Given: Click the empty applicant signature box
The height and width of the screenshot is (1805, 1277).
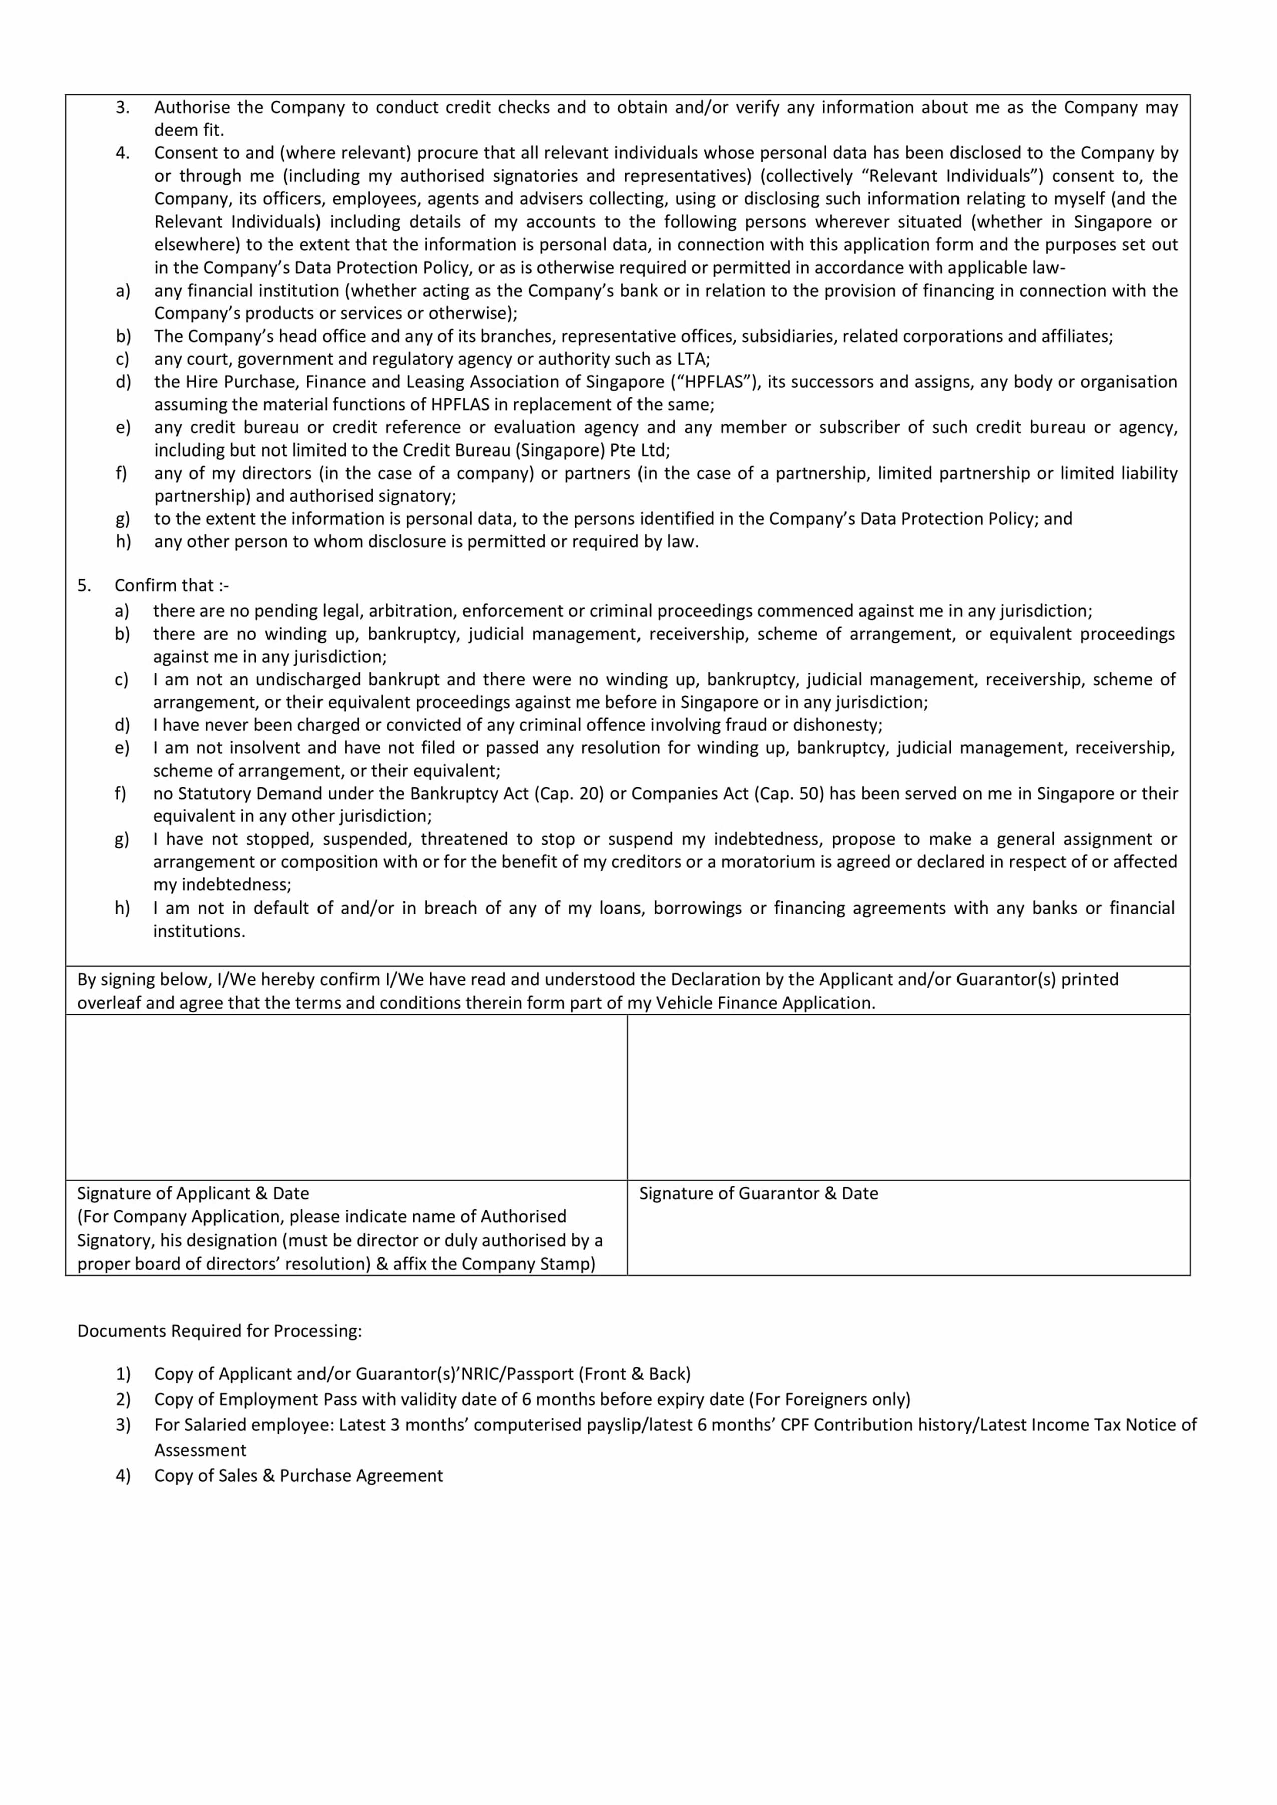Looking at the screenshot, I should (346, 1097).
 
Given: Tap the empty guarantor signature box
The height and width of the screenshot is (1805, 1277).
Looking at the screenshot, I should (908, 1097).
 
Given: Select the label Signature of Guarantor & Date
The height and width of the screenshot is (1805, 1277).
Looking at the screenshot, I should (758, 1193).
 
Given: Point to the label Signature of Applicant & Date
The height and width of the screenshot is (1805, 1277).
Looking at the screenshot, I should (193, 1193).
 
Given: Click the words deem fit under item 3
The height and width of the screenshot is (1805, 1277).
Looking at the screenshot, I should (189, 130).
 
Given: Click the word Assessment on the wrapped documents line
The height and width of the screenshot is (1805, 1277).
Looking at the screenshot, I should (200, 1450).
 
